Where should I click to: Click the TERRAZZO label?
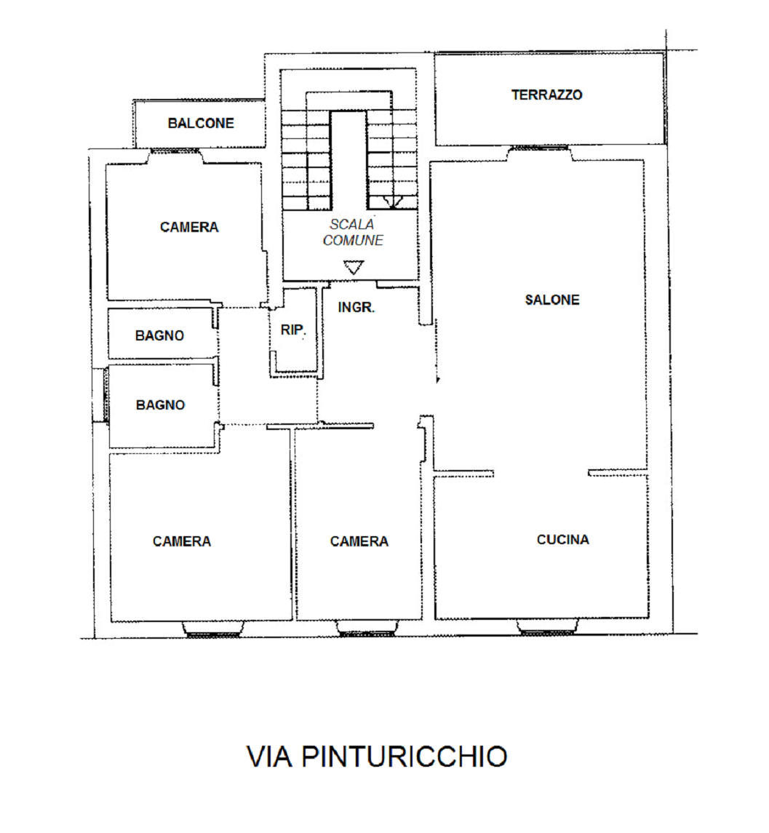click(546, 95)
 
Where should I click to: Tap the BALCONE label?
click(201, 123)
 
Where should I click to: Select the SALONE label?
click(552, 300)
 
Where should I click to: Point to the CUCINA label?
click(563, 540)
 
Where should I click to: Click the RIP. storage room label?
click(292, 330)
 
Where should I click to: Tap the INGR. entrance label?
click(356, 307)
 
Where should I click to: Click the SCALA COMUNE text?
click(353, 233)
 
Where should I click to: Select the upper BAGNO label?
click(159, 336)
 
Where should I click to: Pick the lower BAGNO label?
click(160, 404)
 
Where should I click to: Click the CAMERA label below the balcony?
click(189, 228)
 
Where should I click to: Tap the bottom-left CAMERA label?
click(182, 541)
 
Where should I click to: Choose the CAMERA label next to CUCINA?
click(359, 541)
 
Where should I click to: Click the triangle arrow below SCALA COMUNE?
click(354, 267)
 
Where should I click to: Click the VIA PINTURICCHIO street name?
click(377, 757)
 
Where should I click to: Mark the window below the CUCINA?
click(548, 627)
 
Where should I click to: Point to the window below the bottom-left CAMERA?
click(213, 629)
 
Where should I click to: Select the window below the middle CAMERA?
click(367, 629)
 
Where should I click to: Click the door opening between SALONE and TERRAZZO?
click(539, 153)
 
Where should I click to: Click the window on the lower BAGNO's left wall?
click(105, 395)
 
